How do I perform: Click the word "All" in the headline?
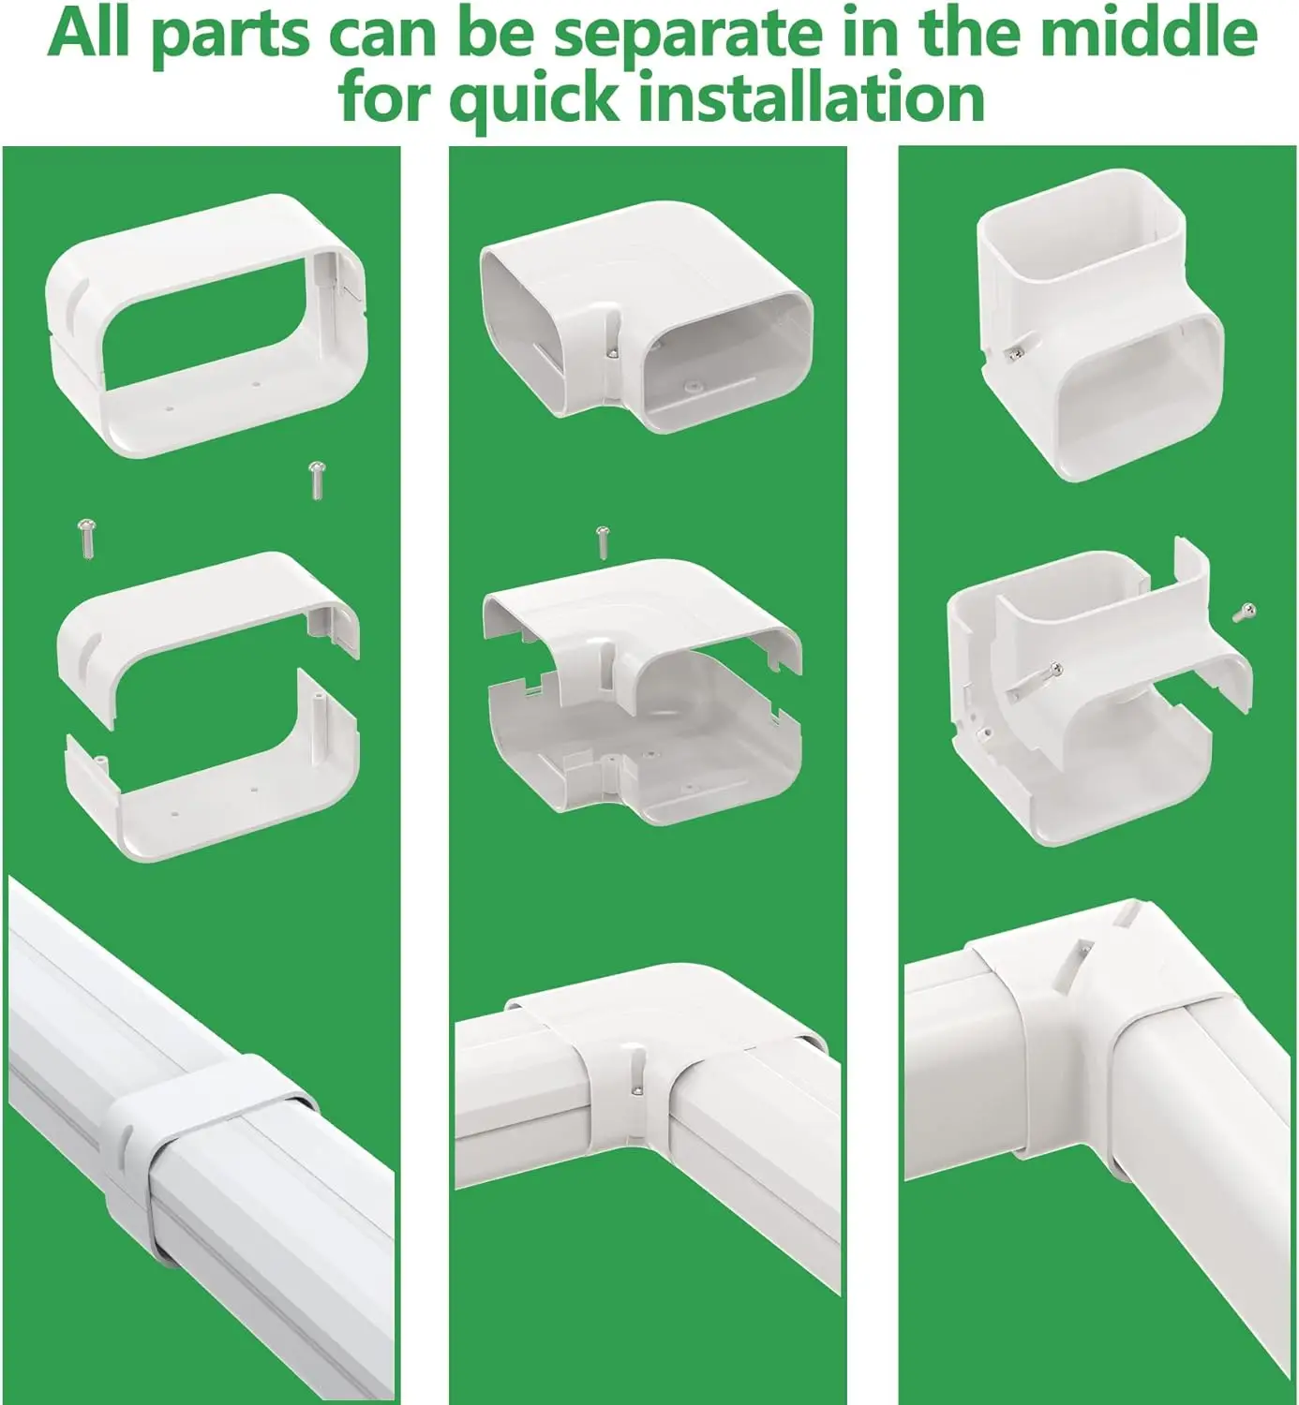pos(90,33)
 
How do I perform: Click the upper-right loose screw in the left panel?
pos(315,480)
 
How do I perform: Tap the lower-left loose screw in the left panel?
pos(87,538)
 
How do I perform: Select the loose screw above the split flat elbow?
pos(603,542)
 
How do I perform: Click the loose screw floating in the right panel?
pos(1244,612)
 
